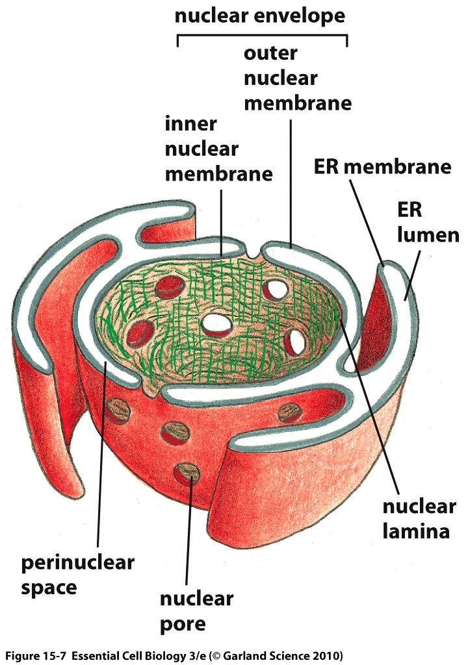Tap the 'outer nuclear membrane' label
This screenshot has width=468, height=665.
[x=297, y=78]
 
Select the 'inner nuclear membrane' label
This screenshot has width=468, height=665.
[x=218, y=148]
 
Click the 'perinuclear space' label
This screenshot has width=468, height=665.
[x=78, y=575]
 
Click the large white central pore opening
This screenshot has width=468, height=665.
[x=215, y=323]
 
